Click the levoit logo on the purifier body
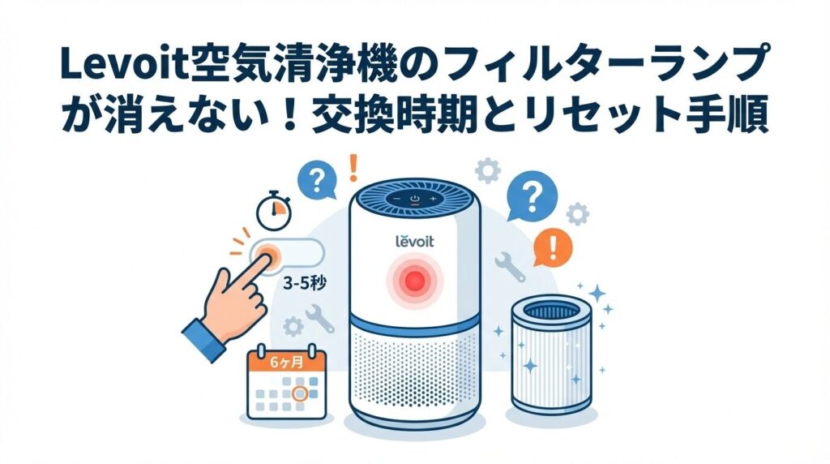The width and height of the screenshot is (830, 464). pos(414,241)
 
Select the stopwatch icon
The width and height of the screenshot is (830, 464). pos(274,210)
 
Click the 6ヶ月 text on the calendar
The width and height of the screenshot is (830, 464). pos(286,363)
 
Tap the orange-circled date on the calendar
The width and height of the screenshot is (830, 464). pos(300,393)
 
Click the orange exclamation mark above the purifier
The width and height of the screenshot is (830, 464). pos(353,167)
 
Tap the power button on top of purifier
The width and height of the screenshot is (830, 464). pos(415,200)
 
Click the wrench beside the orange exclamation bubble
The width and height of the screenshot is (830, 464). pos(511,266)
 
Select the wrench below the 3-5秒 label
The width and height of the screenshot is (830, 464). pos(319,318)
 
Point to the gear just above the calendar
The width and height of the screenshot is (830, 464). pos(293,327)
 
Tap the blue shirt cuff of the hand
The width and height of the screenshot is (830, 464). pos(204,339)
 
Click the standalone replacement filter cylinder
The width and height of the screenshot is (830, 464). pos(551,355)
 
